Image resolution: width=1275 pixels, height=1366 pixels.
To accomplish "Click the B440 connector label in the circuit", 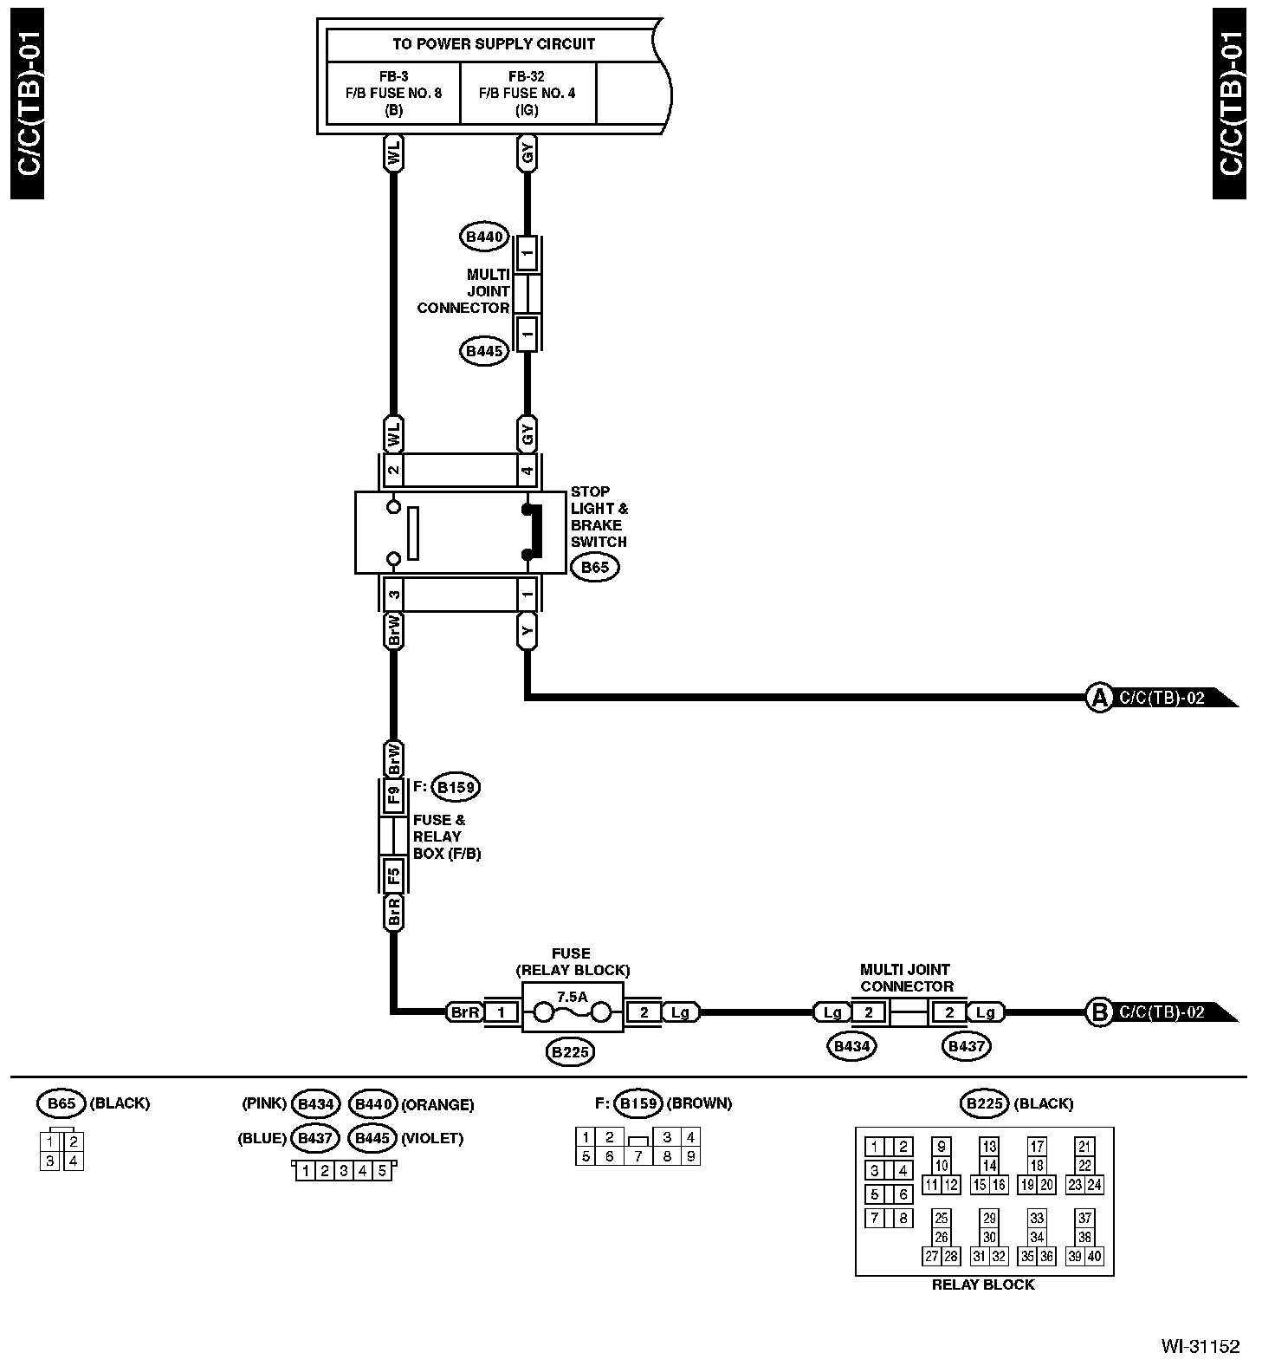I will coord(484,237).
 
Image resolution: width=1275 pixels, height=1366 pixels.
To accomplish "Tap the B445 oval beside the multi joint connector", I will coord(484,351).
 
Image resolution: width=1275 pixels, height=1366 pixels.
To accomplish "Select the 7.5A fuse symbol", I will coord(572,1011).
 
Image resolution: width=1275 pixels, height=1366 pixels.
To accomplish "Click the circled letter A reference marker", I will coord(1098,698).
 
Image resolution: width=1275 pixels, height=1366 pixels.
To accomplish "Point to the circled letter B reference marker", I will coord(1098,1012).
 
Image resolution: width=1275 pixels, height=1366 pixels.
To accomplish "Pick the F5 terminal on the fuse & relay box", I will coord(393,875).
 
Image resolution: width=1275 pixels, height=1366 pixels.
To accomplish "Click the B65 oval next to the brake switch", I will coord(595,568).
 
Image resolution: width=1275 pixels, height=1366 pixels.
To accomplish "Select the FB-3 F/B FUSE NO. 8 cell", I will coord(393,93).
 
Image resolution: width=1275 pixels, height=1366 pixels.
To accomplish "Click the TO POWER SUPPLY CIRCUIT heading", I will coord(494,44).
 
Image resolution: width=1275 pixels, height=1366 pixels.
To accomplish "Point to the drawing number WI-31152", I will coord(1201,1346).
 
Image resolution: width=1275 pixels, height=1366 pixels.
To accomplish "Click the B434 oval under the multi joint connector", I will coord(852,1047).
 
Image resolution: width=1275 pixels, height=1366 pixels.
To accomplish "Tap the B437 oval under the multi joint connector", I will coord(966,1047).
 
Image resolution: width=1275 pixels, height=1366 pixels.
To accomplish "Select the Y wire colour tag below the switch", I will coord(527,632).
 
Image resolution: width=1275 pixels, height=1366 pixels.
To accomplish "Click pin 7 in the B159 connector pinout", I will coord(638,1156).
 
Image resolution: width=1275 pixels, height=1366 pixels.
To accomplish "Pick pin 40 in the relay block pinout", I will coord(1094,1257).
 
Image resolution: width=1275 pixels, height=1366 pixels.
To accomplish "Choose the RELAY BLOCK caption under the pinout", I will coord(983,1285).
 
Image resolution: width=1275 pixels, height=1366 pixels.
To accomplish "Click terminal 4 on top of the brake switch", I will coord(527,471).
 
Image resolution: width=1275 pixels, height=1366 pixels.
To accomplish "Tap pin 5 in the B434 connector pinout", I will coord(381,1172).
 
